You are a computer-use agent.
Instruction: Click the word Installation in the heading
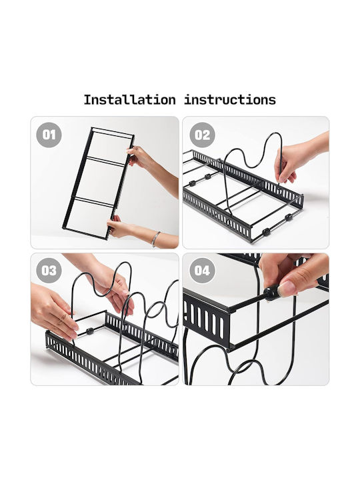[130, 100]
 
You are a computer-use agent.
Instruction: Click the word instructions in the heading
[230, 100]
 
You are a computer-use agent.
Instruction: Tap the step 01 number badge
[49, 135]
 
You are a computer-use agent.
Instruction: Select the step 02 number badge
[202, 135]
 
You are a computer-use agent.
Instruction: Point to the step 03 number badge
[49, 271]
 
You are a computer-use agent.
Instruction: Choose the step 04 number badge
[202, 271]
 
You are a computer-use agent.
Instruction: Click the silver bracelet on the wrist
[156, 239]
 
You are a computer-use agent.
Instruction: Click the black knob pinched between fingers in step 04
[271, 293]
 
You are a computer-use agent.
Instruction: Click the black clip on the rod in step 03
[90, 331]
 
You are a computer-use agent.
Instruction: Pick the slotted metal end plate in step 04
[206, 319]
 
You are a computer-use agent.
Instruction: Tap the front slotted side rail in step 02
[217, 216]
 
